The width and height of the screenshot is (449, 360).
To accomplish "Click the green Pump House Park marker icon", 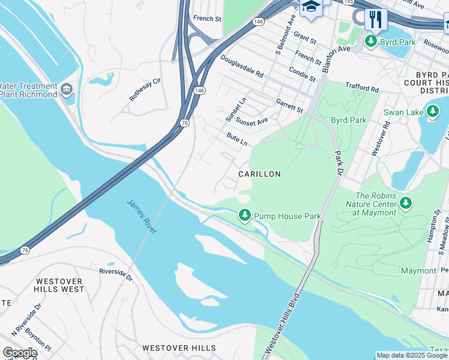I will (244, 215).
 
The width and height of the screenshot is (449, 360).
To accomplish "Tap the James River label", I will (142, 216).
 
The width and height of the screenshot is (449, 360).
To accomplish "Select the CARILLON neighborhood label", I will (259, 174).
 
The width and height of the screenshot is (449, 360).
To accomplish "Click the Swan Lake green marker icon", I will (432, 111).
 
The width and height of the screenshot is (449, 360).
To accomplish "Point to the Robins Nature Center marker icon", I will (406, 203).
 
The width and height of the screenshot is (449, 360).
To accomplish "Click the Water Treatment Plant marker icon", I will (67, 90).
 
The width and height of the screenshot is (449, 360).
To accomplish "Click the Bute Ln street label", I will (237, 140).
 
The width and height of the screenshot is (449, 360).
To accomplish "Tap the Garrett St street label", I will (289, 106).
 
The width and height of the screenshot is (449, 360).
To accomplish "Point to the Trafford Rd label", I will (362, 88).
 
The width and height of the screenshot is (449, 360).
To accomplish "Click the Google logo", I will (20, 353).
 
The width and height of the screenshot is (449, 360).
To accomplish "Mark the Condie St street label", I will (302, 74).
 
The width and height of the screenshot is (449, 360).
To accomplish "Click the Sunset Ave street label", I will (252, 122).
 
